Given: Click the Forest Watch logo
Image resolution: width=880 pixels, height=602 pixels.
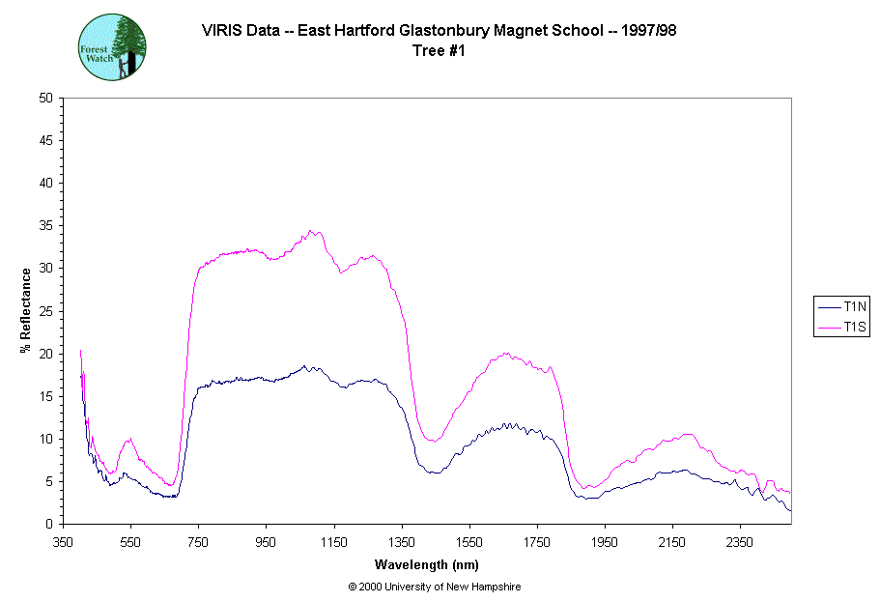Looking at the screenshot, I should pos(112,46).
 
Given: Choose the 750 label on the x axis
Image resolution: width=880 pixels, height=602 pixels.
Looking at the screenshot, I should pos(198,542).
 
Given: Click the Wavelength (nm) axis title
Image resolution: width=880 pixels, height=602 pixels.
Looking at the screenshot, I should pos(428,564).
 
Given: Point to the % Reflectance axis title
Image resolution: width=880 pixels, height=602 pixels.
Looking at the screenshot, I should pos(26,310).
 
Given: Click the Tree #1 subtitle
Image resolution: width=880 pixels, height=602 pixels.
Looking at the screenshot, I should pos(439,51).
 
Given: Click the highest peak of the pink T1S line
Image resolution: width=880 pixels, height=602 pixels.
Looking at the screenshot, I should pos(310,230).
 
